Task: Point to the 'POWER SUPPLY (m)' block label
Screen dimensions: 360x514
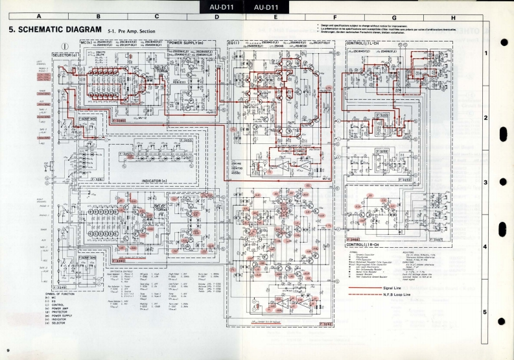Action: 187,43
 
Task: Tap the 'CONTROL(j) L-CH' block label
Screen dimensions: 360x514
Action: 367,43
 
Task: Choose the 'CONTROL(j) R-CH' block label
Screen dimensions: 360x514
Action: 368,245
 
